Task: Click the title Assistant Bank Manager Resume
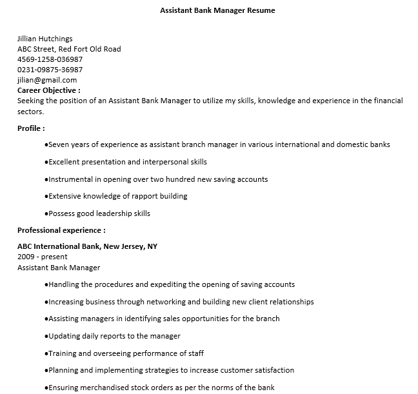pyautogui.click(x=217, y=11)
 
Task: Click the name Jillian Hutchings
pyautogui.click(x=45, y=39)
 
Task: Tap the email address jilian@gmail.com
pyautogui.click(x=47, y=80)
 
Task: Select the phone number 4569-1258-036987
pyautogui.click(x=50, y=59)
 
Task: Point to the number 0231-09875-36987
pyautogui.click(x=50, y=70)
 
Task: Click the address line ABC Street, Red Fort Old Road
pyautogui.click(x=69, y=49)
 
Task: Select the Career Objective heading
pyautogui.click(x=49, y=90)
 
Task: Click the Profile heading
pyautogui.click(x=31, y=128)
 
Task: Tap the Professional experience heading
pyautogui.click(x=61, y=230)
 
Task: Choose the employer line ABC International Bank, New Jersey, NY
pyautogui.click(x=87, y=246)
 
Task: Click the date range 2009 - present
pyautogui.click(x=43, y=257)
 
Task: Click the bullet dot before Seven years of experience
pyautogui.click(x=46, y=145)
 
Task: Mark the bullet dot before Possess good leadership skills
pyautogui.click(x=46, y=214)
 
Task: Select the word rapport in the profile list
pyautogui.click(x=144, y=196)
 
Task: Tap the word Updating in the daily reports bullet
pyautogui.click(x=65, y=336)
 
